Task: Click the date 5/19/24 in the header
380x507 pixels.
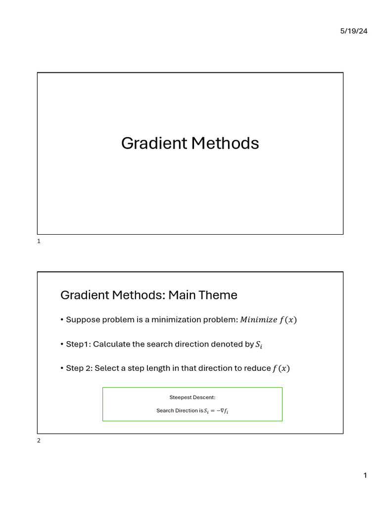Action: click(354, 31)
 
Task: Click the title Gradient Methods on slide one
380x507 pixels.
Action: click(190, 144)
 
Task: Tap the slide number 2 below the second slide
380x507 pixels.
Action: click(39, 441)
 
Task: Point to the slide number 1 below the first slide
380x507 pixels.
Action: click(39, 241)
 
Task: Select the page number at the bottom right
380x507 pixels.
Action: click(365, 476)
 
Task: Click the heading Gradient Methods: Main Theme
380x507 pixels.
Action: click(148, 295)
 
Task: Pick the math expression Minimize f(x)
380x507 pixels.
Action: click(268, 320)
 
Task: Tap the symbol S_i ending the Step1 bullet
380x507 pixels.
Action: click(258, 345)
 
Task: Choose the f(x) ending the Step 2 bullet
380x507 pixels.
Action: click(281, 368)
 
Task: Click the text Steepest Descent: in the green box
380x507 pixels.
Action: click(192, 397)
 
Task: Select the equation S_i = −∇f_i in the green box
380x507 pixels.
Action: click(216, 411)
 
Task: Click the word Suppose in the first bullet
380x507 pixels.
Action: click(83, 320)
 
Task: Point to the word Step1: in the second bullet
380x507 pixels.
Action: click(78, 344)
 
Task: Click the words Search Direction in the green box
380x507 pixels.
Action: click(177, 411)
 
